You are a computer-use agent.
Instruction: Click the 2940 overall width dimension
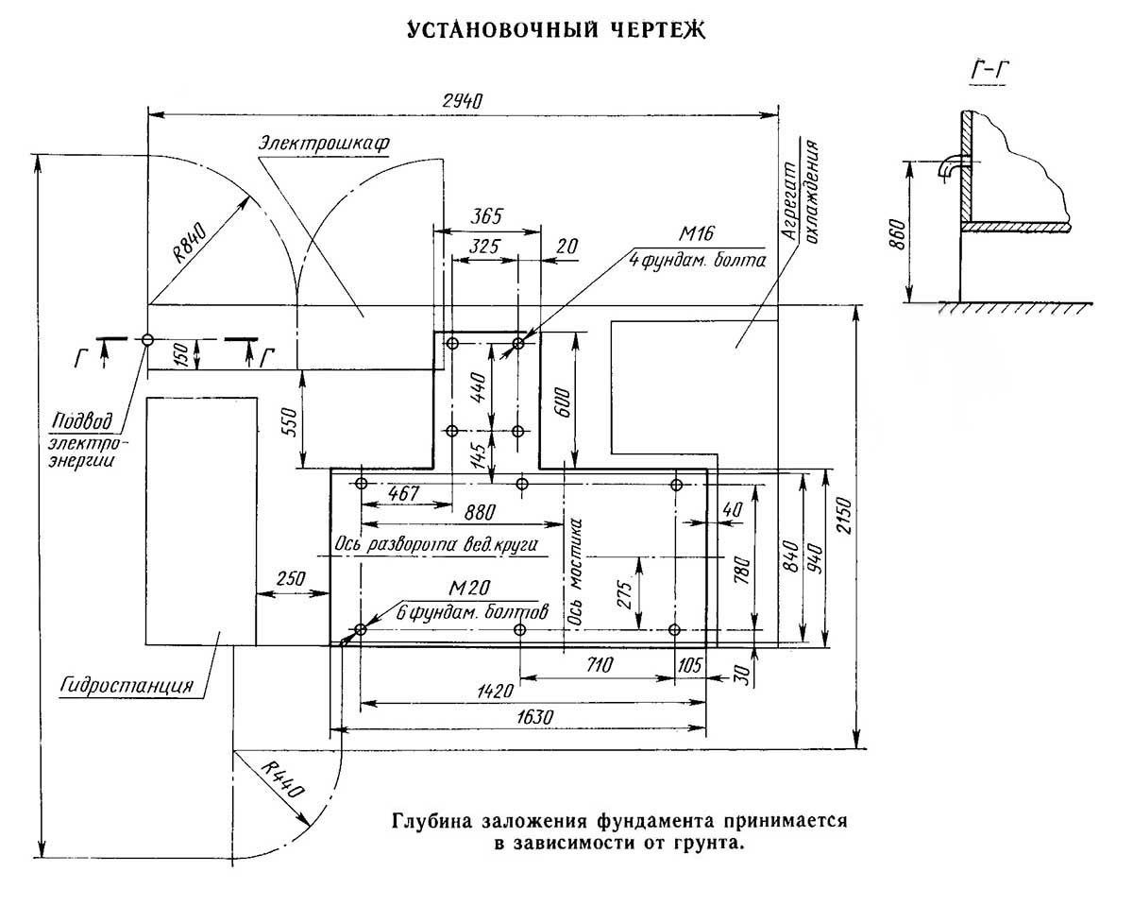click(462, 101)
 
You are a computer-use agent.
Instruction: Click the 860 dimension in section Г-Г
click(897, 232)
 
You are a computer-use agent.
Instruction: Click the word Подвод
click(83, 421)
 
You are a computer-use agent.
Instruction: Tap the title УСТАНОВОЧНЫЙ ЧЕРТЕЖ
click(556, 32)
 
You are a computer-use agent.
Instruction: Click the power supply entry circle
click(148, 339)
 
